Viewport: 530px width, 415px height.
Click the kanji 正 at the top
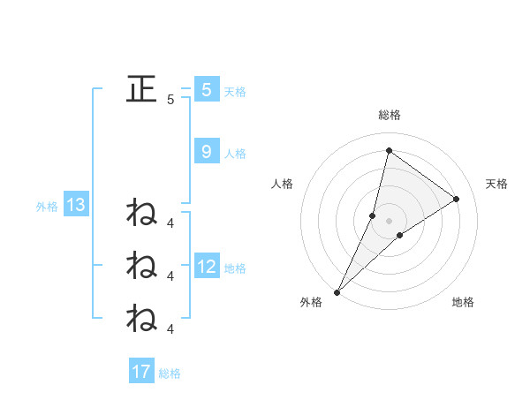coord(141,88)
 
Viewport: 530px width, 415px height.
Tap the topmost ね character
coord(141,214)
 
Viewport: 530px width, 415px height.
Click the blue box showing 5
coord(206,89)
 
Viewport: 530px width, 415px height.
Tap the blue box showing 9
coord(206,152)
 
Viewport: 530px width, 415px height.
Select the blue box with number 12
coord(207,267)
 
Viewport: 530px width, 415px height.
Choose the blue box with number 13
coord(76,206)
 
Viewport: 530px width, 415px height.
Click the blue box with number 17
coord(141,372)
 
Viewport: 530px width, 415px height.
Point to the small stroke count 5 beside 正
coord(170,100)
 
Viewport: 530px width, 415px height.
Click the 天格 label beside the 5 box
coord(235,91)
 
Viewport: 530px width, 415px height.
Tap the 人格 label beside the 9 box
coord(235,154)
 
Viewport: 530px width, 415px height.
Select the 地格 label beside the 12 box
coord(235,268)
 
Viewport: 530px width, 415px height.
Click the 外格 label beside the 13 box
coord(47,207)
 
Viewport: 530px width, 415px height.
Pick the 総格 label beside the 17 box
coord(170,373)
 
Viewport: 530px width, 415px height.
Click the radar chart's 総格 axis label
coord(389,116)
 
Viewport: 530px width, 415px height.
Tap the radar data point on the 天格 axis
coord(457,199)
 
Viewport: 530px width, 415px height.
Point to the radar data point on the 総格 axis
coord(389,150)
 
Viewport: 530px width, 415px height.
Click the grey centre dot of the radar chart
coord(389,220)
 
